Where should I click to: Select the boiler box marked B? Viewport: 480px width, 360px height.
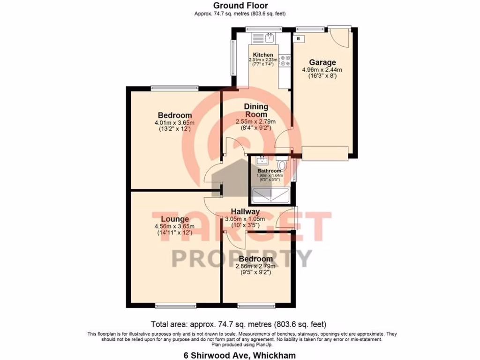click(299, 38)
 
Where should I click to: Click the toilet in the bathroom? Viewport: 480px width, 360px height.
click(282, 165)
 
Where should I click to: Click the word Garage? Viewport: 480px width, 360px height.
click(322, 62)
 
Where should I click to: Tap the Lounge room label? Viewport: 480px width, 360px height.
click(175, 219)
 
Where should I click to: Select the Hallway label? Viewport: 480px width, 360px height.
click(245, 212)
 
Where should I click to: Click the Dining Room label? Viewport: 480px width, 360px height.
click(255, 111)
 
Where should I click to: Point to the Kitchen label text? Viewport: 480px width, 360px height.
click(263, 55)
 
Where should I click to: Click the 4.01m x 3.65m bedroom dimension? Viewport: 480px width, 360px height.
click(174, 123)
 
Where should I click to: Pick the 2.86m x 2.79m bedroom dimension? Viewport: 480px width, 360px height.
click(255, 266)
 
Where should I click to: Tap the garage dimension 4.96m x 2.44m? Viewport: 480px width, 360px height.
click(322, 70)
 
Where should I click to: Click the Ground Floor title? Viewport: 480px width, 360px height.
click(240, 6)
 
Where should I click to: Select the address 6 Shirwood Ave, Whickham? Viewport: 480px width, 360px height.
click(240, 355)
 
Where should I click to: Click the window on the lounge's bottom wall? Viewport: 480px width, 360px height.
click(170, 306)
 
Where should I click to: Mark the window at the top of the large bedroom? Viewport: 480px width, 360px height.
click(174, 87)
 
